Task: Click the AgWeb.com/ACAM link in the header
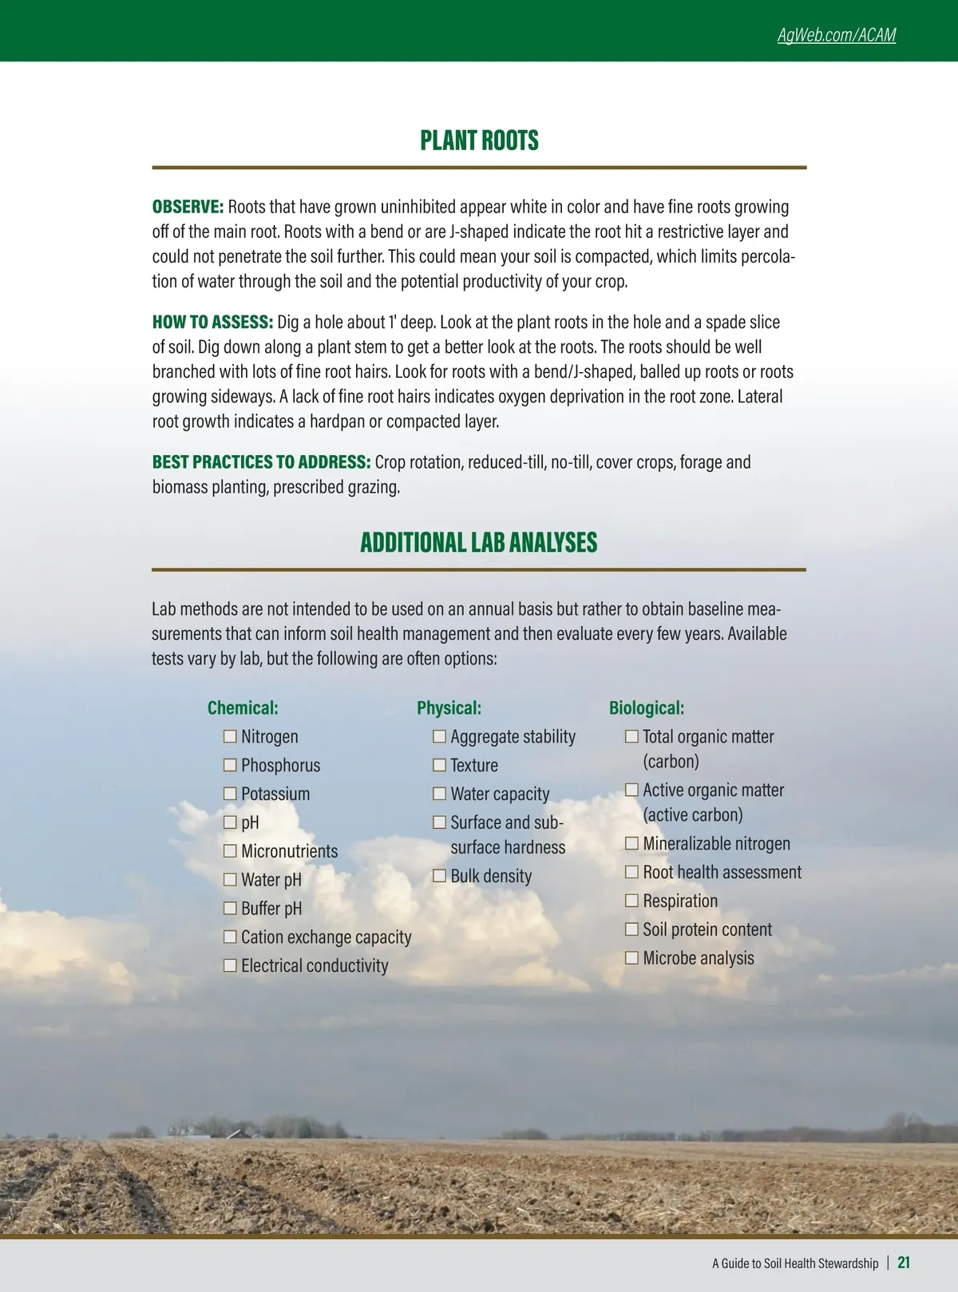tap(836, 35)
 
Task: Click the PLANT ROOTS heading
tap(479, 141)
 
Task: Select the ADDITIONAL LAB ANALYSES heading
tap(478, 543)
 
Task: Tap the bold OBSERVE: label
tap(188, 207)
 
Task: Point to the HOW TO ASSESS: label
tap(212, 322)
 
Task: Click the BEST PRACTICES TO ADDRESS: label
tap(261, 462)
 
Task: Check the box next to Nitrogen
tap(230, 736)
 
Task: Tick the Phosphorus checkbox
tap(230, 765)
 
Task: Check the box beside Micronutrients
tap(230, 851)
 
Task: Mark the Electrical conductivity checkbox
tap(230, 965)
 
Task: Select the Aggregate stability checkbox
tap(439, 736)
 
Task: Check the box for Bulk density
tap(439, 876)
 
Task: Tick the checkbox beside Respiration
tap(631, 901)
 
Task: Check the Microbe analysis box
tap(631, 957)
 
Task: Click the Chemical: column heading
tap(243, 708)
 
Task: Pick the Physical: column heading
tap(449, 708)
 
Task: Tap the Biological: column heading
tap(646, 708)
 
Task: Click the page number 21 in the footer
tap(904, 1262)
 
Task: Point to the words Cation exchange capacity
tap(326, 937)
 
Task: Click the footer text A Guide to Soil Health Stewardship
tap(795, 1263)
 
